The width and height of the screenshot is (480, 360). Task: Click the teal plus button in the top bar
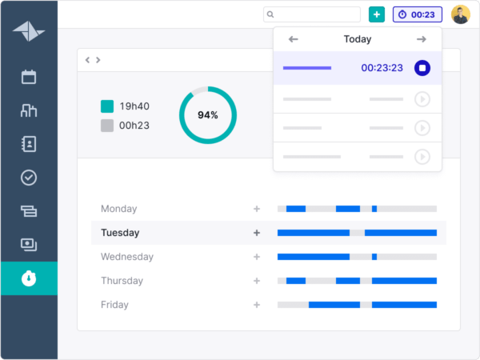(x=377, y=14)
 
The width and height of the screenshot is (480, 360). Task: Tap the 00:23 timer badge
(x=418, y=14)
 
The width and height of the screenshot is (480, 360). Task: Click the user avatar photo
(x=461, y=14)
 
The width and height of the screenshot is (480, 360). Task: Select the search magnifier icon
(x=270, y=14)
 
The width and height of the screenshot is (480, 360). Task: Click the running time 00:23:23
(x=382, y=68)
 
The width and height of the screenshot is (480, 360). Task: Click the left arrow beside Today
(x=294, y=39)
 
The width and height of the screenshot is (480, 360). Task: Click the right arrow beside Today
(x=422, y=39)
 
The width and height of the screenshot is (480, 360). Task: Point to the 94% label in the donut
(x=208, y=115)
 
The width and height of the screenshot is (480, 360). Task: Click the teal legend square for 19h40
(x=107, y=106)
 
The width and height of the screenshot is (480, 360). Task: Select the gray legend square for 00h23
(x=107, y=125)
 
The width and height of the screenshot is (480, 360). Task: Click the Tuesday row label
(x=120, y=233)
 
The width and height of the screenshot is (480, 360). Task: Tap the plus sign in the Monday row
(x=257, y=209)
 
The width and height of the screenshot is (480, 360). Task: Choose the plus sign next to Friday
(x=257, y=305)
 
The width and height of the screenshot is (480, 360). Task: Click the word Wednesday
(x=127, y=257)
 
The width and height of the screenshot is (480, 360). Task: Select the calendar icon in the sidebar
(x=29, y=77)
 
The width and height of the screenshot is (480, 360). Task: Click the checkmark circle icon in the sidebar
(x=29, y=178)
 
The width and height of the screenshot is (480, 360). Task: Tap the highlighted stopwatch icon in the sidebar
(x=29, y=278)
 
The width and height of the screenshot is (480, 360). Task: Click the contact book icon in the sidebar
(x=29, y=144)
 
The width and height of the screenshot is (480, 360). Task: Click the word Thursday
(x=122, y=281)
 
